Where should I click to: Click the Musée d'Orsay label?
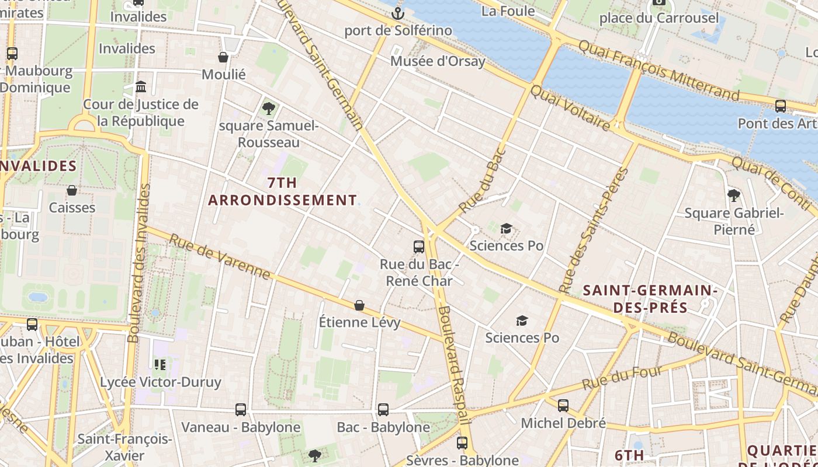tap(438, 61)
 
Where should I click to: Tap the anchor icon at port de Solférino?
tap(398, 13)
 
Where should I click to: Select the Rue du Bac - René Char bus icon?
tap(419, 246)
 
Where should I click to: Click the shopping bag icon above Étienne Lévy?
tap(359, 305)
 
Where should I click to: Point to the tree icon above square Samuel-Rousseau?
tap(269, 108)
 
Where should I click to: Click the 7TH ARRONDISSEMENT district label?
tap(282, 191)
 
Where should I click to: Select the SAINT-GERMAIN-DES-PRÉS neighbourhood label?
tap(650, 298)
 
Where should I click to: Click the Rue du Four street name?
tap(623, 378)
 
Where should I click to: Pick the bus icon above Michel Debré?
tap(563, 405)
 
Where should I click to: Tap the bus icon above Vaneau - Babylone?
tap(241, 410)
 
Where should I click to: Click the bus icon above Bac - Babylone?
tap(383, 410)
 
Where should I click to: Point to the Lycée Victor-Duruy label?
tap(161, 382)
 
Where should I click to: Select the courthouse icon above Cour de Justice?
tap(141, 87)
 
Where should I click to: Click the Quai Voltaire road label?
tap(570, 107)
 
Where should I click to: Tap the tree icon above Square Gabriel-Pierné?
tap(734, 196)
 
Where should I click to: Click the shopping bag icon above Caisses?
tap(72, 190)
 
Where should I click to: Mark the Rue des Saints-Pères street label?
tap(593, 231)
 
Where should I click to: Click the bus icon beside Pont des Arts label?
tap(781, 106)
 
